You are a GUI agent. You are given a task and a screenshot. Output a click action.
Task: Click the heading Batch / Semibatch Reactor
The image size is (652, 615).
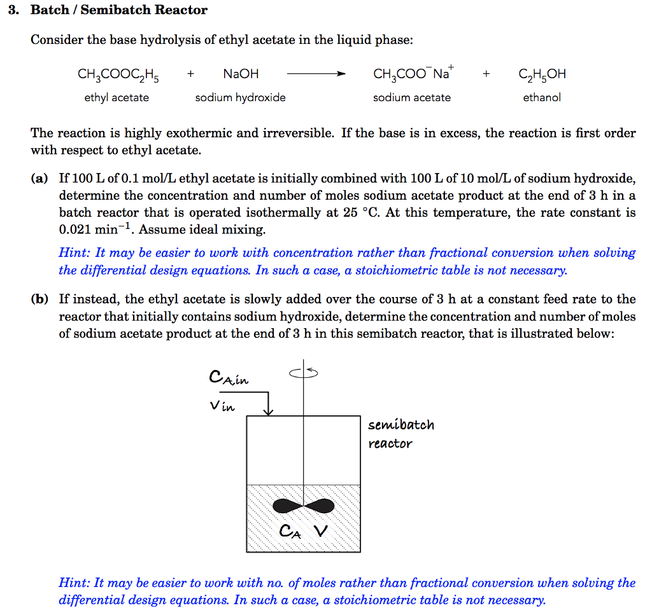tap(119, 10)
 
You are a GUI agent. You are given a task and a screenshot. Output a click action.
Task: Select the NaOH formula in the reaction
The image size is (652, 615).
tap(241, 74)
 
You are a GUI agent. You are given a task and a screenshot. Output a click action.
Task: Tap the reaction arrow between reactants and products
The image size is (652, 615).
tap(316, 74)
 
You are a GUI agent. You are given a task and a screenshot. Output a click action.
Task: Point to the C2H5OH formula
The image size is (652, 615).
tap(542, 74)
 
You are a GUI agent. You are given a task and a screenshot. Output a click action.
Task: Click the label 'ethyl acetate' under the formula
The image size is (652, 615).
tap(117, 97)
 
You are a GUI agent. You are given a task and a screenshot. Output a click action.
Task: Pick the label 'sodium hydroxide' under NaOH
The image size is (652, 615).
tap(240, 97)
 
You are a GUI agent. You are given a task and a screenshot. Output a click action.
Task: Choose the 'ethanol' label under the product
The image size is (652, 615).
tap(542, 97)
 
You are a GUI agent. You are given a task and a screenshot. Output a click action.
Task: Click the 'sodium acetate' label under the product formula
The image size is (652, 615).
tap(412, 97)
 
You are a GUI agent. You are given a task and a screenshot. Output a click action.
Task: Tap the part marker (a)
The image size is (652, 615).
tap(39, 179)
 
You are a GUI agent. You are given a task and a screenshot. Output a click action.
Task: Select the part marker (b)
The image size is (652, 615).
tap(39, 300)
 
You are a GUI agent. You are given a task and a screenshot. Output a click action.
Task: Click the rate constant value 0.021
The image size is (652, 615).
tap(76, 230)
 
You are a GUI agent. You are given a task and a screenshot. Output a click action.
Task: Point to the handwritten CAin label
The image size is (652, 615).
tap(229, 378)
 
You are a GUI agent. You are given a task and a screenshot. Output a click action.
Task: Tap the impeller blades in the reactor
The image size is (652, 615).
tap(303, 506)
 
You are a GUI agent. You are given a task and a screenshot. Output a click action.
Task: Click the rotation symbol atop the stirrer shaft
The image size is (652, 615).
tap(304, 372)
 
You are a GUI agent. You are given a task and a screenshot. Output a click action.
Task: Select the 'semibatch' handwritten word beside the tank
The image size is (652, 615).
tap(401, 425)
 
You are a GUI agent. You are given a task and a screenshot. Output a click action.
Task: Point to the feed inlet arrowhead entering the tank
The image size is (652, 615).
tap(269, 411)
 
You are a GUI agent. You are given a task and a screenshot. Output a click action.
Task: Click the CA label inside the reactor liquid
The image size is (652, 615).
tap(288, 532)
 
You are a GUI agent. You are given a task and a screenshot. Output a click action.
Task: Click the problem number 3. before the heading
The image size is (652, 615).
tap(13, 10)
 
